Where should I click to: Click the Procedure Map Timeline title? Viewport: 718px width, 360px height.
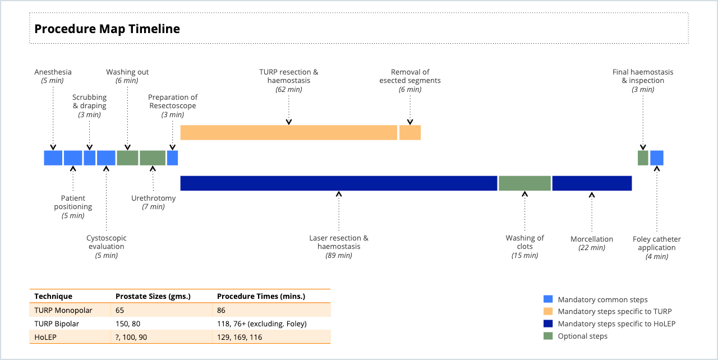coord(107,29)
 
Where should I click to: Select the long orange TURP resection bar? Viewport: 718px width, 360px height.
coord(288,132)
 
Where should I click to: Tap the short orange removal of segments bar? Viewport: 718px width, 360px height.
coord(410,132)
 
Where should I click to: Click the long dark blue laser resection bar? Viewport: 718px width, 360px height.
coord(338,183)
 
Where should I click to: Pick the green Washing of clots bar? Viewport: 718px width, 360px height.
coord(524,183)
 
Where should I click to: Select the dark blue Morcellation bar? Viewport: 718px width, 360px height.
coord(592,183)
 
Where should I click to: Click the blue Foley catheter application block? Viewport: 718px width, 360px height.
coord(657,158)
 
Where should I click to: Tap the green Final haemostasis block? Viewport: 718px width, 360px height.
coord(643,158)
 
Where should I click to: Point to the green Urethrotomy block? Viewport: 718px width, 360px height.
coord(153,158)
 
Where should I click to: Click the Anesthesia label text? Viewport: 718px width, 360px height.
coord(53,72)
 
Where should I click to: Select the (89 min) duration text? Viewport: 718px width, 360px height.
coord(339,255)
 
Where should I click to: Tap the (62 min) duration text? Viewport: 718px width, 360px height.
coord(289,89)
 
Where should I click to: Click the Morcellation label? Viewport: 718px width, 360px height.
coord(592,239)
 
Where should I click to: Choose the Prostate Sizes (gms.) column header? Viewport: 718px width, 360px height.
coord(153,296)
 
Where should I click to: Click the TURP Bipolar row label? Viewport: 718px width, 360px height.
coord(57,324)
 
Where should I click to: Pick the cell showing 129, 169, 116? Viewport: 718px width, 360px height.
coord(240,337)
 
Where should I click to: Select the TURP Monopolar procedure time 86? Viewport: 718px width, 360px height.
coord(221,310)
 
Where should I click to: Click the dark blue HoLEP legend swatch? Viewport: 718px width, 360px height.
coord(548,324)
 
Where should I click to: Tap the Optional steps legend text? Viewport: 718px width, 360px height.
coord(582,336)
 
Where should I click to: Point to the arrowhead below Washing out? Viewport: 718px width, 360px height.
coord(127,147)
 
